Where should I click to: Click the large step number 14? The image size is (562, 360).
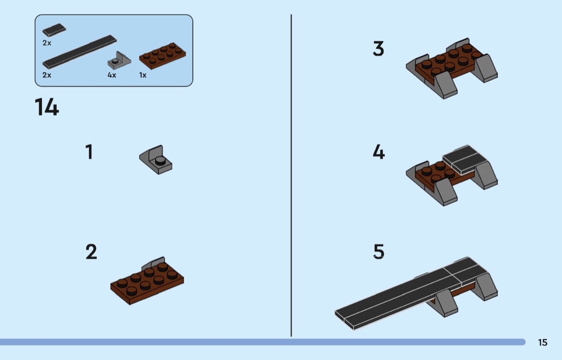(47, 107)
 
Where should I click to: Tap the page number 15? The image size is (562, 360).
(543, 342)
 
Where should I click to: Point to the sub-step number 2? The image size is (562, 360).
(91, 251)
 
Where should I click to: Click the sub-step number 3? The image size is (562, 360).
(378, 49)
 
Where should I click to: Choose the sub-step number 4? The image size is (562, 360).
(379, 152)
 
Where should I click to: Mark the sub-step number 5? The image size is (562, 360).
(379, 251)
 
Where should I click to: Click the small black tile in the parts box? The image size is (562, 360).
(54, 30)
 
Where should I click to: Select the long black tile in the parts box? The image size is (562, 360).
(80, 52)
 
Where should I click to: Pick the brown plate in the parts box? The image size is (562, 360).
(163, 56)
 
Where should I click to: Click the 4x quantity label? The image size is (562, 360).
(112, 75)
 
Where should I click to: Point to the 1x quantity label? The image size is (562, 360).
(143, 75)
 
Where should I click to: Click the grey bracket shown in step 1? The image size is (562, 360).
(156, 160)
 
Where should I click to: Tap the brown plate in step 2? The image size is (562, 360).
(147, 284)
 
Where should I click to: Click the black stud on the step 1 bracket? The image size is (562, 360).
(160, 161)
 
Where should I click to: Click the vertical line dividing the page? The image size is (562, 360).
(291, 175)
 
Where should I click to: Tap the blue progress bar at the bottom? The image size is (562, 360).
(262, 342)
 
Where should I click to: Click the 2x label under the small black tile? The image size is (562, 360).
(47, 43)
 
